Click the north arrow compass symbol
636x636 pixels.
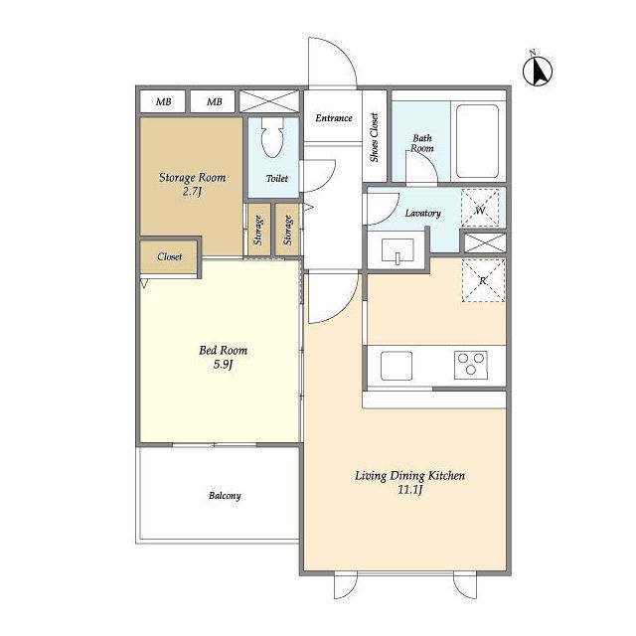(x=538, y=71)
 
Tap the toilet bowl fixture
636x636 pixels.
(x=271, y=137)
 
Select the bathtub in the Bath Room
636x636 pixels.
(x=477, y=141)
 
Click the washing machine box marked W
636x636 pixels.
(x=480, y=209)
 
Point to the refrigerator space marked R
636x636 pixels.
(x=484, y=280)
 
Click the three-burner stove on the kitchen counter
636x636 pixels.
(x=470, y=365)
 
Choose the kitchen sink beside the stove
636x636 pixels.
(x=397, y=366)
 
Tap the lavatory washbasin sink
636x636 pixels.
(x=397, y=251)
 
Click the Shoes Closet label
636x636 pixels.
(x=374, y=137)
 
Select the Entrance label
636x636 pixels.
(x=334, y=118)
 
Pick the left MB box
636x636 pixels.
(x=163, y=101)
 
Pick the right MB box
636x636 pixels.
(x=214, y=101)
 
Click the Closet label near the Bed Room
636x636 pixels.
(x=170, y=256)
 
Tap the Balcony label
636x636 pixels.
(x=225, y=496)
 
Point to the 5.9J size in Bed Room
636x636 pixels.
(x=223, y=365)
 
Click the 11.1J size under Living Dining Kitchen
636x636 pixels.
(x=409, y=490)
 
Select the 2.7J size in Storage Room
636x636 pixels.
(x=192, y=191)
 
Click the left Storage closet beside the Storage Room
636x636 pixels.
(x=258, y=230)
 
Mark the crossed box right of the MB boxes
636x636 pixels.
(x=269, y=101)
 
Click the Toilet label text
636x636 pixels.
(x=277, y=178)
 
